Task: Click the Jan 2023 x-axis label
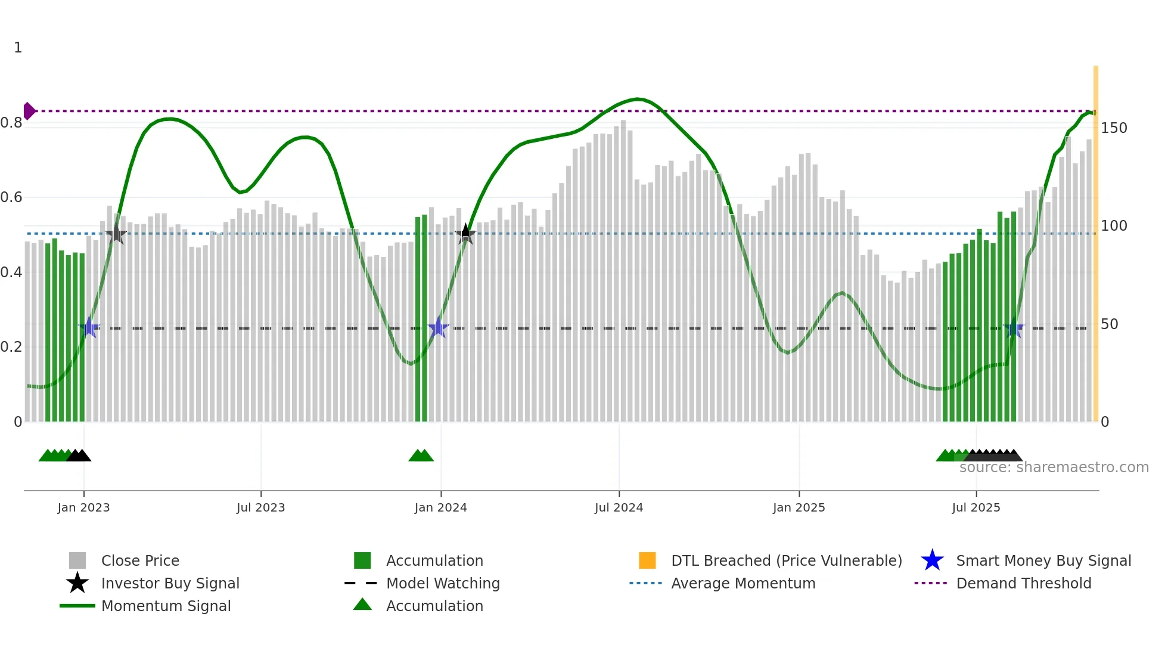click(83, 507)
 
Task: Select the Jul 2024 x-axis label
click(619, 507)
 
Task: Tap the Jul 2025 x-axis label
click(976, 507)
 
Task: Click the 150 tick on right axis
click(1113, 128)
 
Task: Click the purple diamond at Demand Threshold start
click(29, 111)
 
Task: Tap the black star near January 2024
click(465, 234)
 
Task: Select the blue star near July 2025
click(1013, 328)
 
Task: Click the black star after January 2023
click(116, 234)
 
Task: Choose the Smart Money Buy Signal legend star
click(932, 560)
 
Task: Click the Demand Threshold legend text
click(1023, 583)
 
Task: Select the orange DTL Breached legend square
click(647, 560)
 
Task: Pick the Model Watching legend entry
click(442, 583)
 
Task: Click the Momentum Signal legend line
click(77, 606)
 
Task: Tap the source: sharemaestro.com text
click(1054, 467)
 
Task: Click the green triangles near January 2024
click(421, 455)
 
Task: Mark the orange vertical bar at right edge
click(1095, 238)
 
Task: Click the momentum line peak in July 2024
click(638, 99)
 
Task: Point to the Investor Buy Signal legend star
click(77, 583)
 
